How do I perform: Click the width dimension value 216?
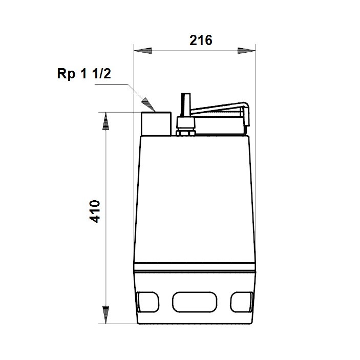point(201,41)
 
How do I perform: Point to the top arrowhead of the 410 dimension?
point(106,121)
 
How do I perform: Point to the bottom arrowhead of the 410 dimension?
point(106,313)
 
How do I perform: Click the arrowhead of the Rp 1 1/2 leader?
point(149,104)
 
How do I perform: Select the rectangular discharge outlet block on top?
point(155,123)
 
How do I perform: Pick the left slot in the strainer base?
point(147,301)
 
